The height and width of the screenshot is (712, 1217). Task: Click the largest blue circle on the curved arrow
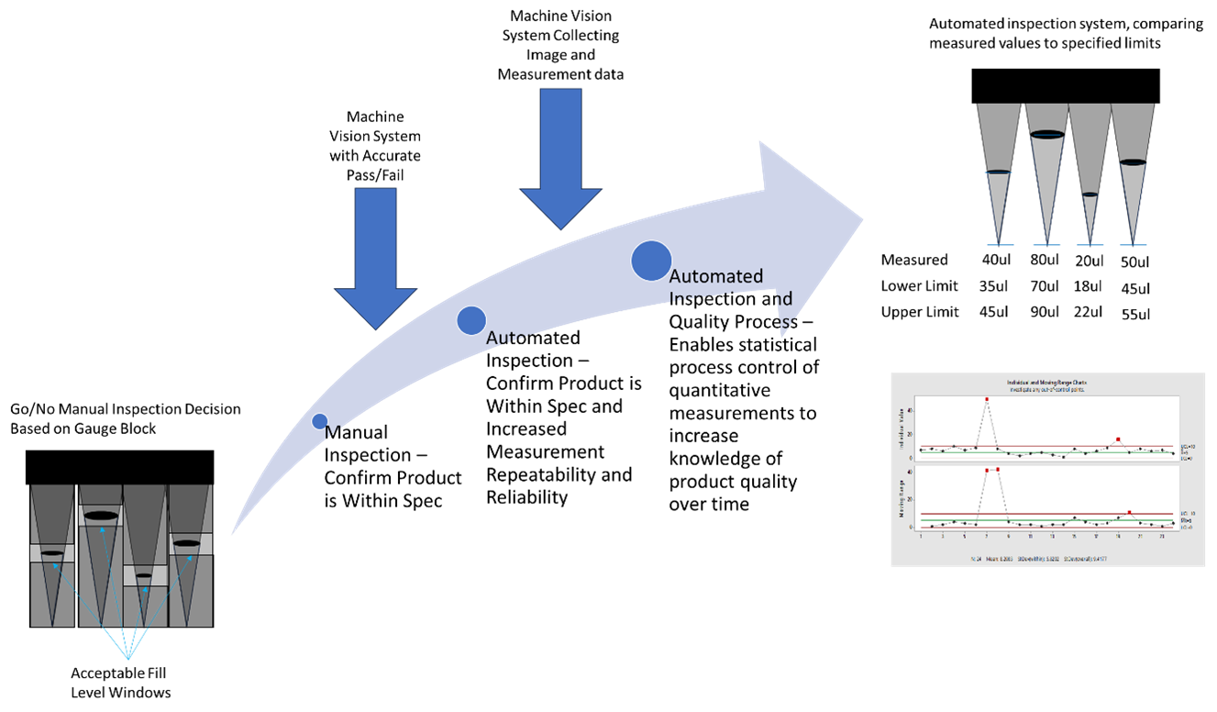[651, 261]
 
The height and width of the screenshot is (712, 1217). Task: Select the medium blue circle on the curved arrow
[471, 320]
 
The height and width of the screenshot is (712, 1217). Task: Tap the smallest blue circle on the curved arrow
[319, 421]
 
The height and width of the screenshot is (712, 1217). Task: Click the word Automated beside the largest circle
[716, 276]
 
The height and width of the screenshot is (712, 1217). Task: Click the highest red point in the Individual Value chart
[987, 400]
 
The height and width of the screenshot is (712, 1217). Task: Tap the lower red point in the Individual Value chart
[1118, 439]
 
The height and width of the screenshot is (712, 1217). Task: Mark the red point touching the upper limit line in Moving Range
[1129, 512]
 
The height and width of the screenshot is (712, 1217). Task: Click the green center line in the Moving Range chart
[1046, 520]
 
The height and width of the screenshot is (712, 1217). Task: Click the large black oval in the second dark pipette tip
[101, 517]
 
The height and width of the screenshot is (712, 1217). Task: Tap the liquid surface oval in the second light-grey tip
[1046, 135]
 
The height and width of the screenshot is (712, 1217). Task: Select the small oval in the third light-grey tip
[1090, 195]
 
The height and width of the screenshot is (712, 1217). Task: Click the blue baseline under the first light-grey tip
[999, 245]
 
